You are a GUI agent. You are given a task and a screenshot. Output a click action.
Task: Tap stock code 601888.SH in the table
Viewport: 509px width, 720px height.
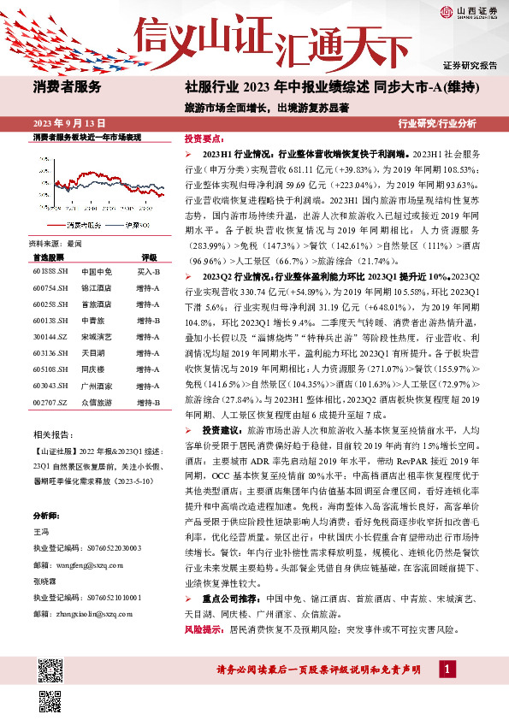(x=50, y=271)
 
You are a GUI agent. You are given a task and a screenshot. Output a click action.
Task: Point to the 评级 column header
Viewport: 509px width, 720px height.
(x=149, y=257)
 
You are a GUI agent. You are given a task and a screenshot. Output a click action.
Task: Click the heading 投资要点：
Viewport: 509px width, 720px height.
(x=204, y=138)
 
